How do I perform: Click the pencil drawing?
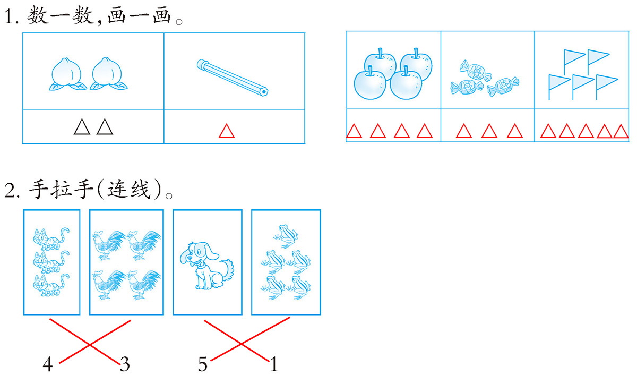pos(233,78)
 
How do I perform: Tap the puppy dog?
pos(206,266)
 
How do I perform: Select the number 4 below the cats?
pos(48,364)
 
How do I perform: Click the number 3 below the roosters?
pos(125,364)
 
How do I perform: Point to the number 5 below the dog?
pos(203,364)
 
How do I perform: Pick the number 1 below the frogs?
pos(274,364)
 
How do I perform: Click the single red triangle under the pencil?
pos(227,131)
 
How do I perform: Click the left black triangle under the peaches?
pos(82,127)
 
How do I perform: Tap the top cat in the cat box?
pos(51,238)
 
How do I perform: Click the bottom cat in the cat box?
pos(51,285)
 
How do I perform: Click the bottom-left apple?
pos(369,82)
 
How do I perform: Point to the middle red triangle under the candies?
pos(489,131)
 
